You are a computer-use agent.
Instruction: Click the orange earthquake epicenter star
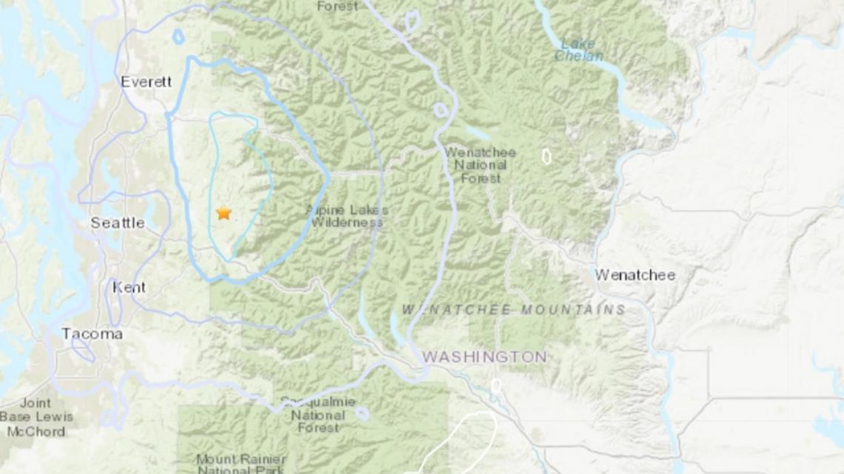224,213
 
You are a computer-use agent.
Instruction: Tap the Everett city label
146,82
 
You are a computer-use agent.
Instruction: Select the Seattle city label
118,223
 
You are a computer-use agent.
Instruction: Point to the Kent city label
129,288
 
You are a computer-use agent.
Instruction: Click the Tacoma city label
92,334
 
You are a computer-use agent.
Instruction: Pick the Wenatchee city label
635,275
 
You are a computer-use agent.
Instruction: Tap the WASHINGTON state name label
484,357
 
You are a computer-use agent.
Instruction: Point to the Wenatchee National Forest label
480,164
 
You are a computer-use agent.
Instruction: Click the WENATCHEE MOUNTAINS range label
514,309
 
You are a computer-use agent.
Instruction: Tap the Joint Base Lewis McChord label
37,417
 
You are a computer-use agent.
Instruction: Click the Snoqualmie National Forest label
318,414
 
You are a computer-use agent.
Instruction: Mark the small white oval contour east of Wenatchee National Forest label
546,156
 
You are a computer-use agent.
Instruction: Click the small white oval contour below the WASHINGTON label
496,386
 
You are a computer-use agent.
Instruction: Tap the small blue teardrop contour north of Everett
178,35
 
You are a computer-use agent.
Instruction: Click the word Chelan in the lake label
578,56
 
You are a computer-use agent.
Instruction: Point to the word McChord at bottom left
36,431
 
